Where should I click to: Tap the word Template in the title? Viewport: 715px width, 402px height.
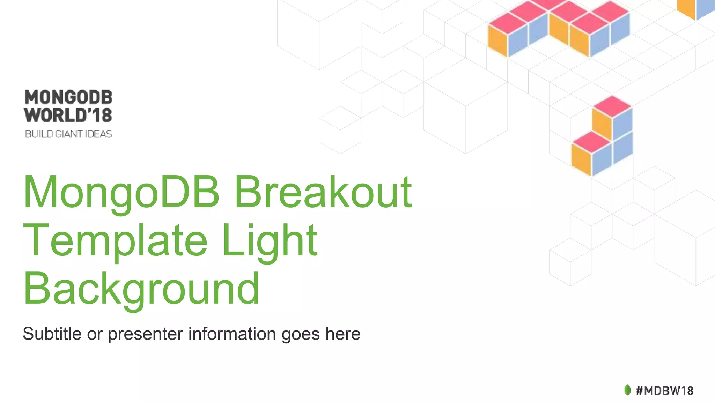click(x=116, y=241)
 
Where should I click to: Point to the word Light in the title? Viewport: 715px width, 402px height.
click(x=269, y=241)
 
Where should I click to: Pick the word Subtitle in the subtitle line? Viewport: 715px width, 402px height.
click(x=52, y=334)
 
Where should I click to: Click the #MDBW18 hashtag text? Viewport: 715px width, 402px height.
click(x=664, y=390)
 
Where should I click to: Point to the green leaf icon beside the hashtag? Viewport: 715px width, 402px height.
click(x=627, y=390)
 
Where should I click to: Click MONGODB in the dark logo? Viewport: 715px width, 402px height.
click(x=68, y=97)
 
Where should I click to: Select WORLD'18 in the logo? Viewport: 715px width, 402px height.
click(x=68, y=115)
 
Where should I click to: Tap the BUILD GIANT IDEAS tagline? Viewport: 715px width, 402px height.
click(x=68, y=134)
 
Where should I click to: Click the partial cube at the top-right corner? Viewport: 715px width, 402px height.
click(x=696, y=9)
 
